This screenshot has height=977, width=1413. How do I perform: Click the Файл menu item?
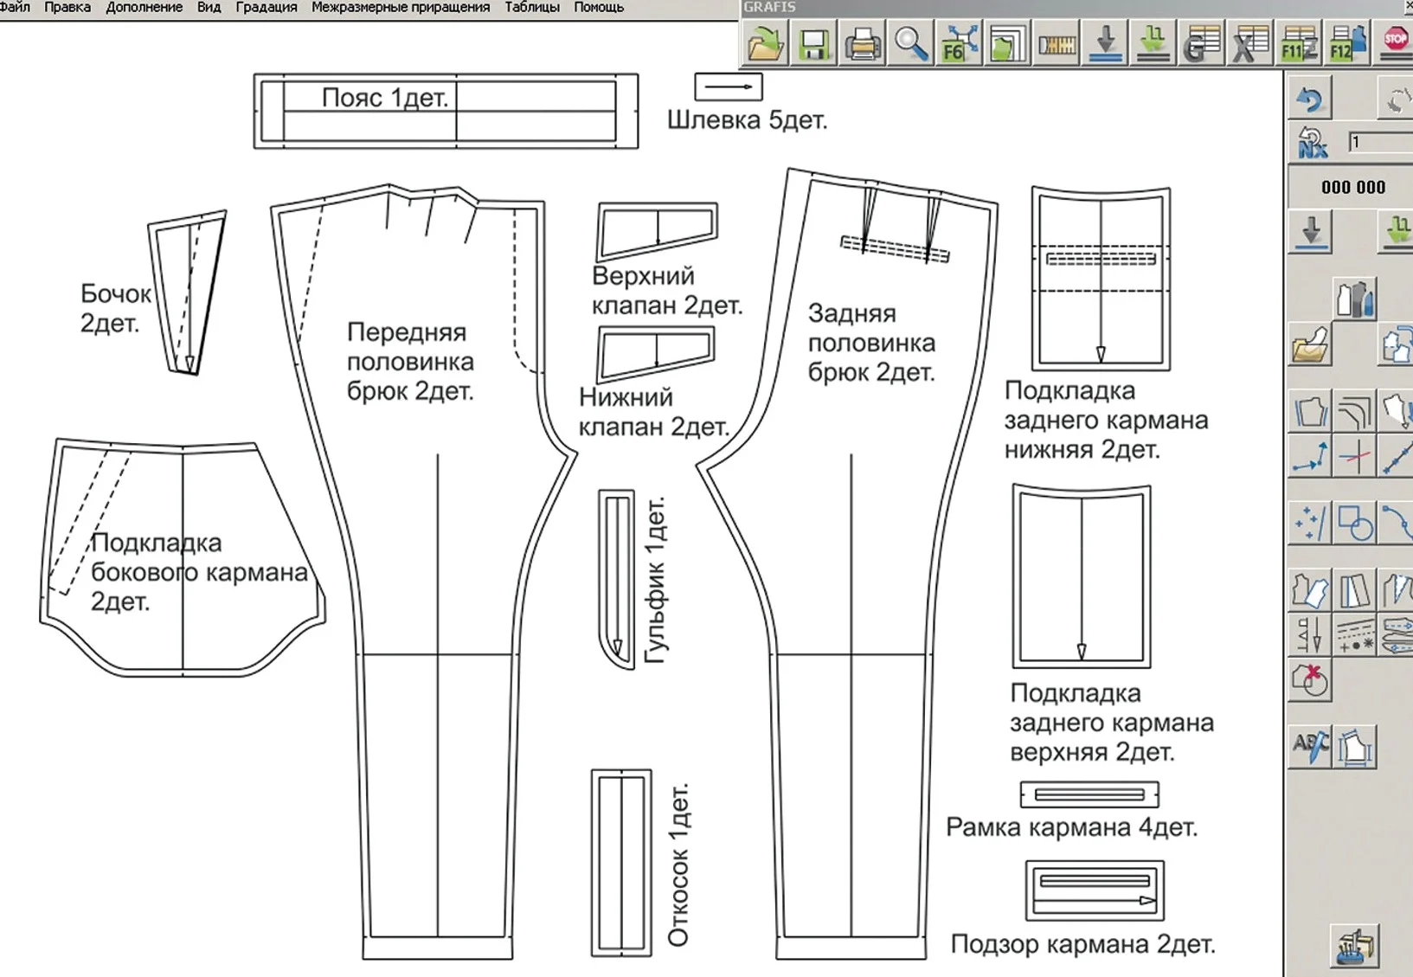(x=15, y=7)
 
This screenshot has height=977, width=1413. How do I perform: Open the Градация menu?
(x=267, y=8)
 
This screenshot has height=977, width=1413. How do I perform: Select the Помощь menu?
(x=599, y=8)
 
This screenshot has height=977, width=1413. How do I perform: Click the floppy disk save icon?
(x=813, y=43)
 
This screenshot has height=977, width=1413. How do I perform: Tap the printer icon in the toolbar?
(x=863, y=43)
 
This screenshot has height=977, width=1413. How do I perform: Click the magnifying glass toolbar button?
(x=911, y=43)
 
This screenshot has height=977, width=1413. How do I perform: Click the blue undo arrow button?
(x=1310, y=99)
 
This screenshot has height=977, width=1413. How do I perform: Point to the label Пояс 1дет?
(x=385, y=98)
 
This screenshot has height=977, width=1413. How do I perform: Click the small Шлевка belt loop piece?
(x=729, y=87)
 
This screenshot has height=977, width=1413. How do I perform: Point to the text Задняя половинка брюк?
(x=871, y=343)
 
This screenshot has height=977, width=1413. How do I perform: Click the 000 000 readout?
(x=1353, y=187)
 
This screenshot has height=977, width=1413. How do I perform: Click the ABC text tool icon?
(x=1310, y=746)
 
